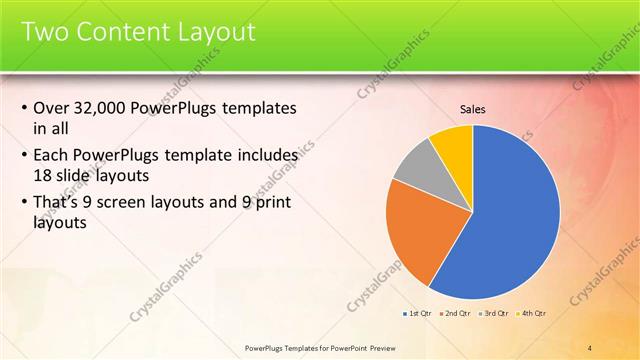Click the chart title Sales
(x=473, y=110)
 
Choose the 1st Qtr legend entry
(x=417, y=314)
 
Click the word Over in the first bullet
(x=51, y=108)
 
